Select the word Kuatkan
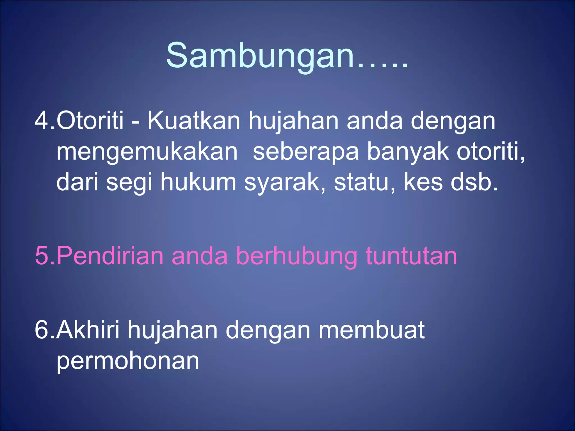tap(194, 121)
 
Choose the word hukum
tap(198, 182)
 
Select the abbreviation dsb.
tap(474, 182)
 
